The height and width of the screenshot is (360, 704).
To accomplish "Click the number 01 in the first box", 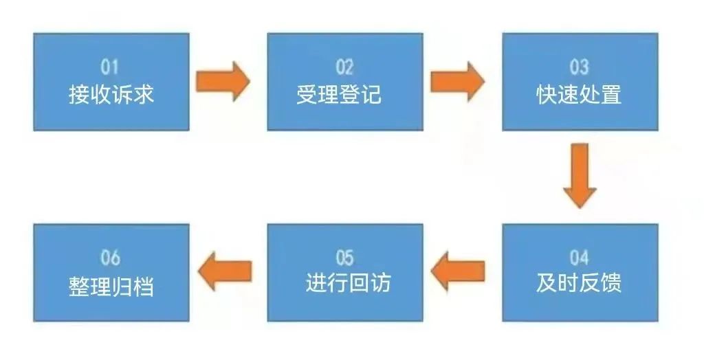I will click(x=110, y=67).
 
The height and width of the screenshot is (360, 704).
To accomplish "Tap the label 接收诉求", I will click(x=111, y=94).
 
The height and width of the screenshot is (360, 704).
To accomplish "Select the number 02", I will click(x=344, y=67).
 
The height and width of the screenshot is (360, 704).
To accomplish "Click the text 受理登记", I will click(x=339, y=94).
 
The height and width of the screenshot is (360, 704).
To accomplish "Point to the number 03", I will click(x=580, y=67).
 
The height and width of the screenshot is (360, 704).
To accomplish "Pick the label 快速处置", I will click(x=579, y=94).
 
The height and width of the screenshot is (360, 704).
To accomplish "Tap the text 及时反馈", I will click(x=579, y=284).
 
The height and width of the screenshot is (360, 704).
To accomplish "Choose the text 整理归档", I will click(x=111, y=284).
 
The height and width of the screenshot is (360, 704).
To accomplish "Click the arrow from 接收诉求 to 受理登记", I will click(x=222, y=81).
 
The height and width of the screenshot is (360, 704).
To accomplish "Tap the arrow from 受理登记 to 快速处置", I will click(x=457, y=81).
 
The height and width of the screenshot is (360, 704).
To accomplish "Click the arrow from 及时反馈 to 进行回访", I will click(x=459, y=269).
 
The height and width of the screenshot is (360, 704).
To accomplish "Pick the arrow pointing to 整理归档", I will click(x=225, y=269).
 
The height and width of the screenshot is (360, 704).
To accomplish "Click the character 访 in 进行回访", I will click(x=380, y=284).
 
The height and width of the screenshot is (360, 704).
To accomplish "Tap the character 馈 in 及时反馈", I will click(x=611, y=284).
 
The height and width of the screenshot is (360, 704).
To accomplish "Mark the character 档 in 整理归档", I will click(x=144, y=284).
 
